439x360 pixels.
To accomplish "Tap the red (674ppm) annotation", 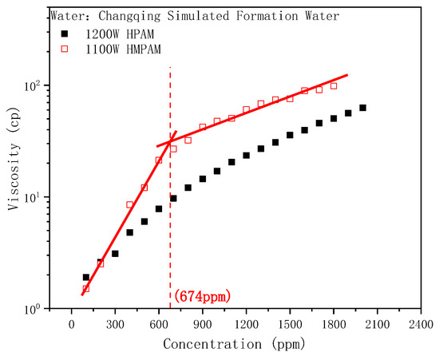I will tap(203, 296).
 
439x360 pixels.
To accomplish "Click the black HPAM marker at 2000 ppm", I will tap(362, 108).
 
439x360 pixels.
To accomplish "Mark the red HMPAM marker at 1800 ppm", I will tap(334, 86).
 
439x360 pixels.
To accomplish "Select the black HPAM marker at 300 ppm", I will tap(115, 254).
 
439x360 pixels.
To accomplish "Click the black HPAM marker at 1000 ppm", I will tap(217, 171).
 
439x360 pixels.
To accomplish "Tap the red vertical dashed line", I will tap(170, 200).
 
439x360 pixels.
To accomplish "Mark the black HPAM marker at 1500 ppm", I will tap(290, 135).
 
